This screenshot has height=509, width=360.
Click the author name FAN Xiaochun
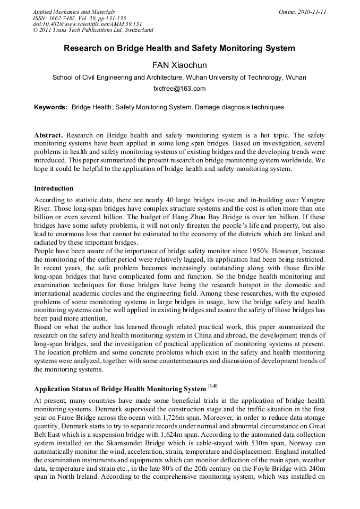click(179, 65)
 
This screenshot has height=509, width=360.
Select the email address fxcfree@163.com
click(179, 89)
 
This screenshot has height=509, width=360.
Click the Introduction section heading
click(54, 188)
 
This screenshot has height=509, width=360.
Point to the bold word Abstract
click(49, 135)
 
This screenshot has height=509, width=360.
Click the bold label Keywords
click(50, 107)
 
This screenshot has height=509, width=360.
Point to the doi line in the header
click(87, 24)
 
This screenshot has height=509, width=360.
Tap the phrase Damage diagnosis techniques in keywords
click(239, 107)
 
